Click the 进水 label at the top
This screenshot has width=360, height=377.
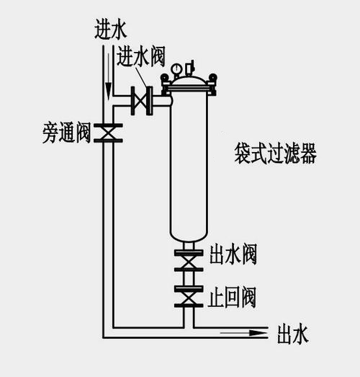[x=109, y=29]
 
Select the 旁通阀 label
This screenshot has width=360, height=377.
[x=66, y=133]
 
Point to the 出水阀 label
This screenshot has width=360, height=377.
[x=232, y=254]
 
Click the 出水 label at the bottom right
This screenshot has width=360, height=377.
[x=292, y=334]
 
